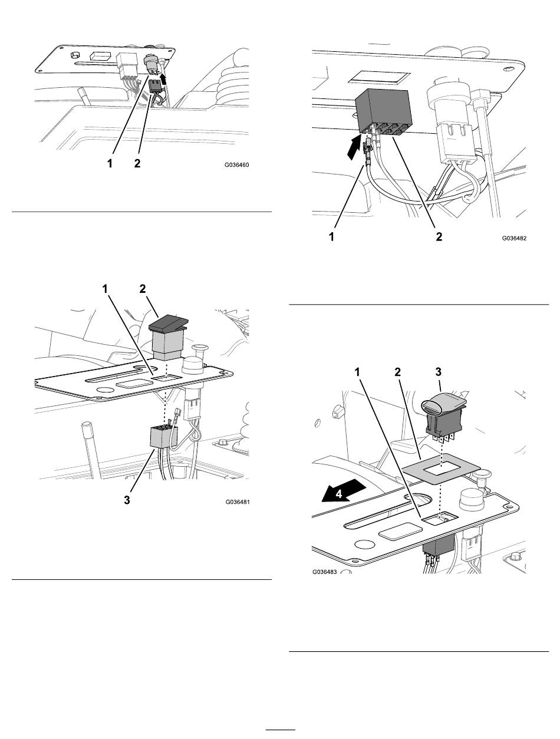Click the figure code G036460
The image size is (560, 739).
237,165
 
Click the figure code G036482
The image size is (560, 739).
514,238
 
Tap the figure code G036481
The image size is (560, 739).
238,502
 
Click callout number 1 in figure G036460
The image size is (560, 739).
110,164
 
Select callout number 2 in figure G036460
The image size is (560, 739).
137,164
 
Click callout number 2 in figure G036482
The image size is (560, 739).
439,237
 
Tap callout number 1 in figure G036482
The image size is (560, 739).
332,237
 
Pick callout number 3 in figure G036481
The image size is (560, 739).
127,500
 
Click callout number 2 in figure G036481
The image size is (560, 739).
143,289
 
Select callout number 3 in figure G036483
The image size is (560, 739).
438,372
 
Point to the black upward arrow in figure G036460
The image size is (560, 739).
163,79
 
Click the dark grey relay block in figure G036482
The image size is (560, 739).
384,112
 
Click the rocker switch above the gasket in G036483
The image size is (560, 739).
444,417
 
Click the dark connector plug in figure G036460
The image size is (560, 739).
154,86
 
